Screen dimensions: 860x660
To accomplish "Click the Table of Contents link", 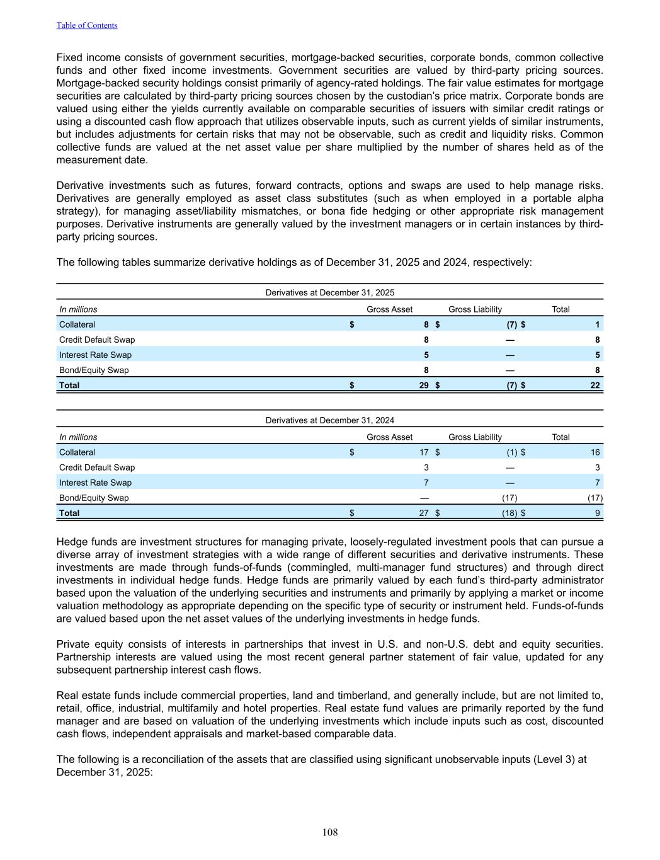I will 87,25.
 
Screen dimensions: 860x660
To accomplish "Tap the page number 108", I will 330,832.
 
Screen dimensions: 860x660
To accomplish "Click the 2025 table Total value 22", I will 595,385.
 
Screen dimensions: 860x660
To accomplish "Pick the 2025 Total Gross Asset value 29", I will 424,385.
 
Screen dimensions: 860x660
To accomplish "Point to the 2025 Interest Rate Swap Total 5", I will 597,355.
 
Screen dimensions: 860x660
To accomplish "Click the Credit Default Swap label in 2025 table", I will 97,340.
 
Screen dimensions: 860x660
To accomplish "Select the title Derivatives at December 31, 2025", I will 330,292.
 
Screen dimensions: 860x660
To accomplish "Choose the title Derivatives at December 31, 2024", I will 330,420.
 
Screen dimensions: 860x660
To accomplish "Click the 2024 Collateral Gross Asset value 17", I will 424,452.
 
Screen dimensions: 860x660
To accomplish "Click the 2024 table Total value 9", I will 597,513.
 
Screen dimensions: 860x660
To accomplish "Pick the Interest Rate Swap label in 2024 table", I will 95,483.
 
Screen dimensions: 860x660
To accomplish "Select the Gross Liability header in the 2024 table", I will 475,437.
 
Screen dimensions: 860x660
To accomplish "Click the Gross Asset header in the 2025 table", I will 389,309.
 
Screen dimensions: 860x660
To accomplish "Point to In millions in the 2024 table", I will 78,437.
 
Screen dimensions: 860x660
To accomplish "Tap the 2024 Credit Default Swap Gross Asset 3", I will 426,467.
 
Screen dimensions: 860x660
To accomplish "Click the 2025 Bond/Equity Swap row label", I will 94,370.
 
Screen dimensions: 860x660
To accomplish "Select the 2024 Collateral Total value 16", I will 595,452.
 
